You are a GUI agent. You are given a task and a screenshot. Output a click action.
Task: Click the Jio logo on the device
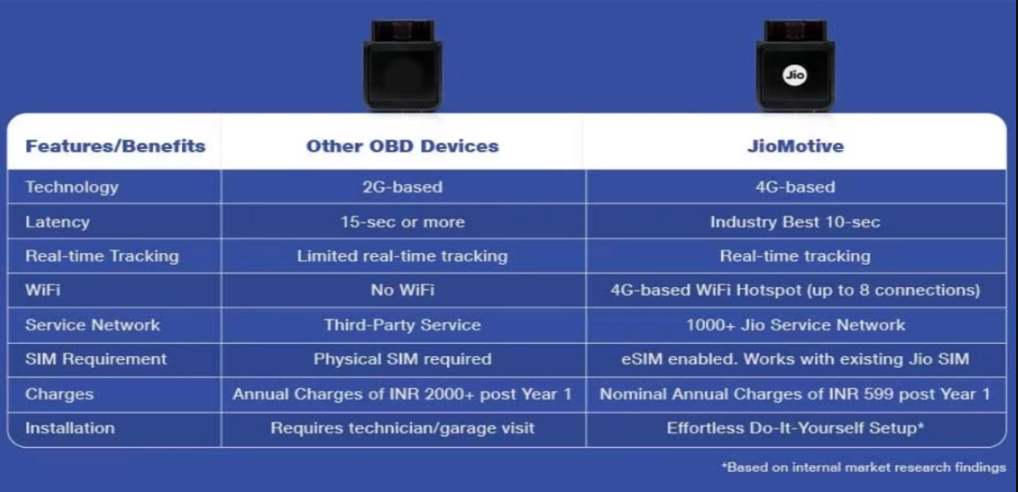[x=795, y=75]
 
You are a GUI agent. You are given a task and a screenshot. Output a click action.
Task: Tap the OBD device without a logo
[x=403, y=65]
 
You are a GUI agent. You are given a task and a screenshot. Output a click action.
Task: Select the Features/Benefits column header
[x=116, y=146]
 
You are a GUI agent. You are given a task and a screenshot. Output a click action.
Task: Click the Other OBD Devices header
[x=403, y=146]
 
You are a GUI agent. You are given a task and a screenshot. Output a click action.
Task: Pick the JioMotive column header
[x=796, y=146]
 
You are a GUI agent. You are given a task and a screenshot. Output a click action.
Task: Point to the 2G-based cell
[x=403, y=187]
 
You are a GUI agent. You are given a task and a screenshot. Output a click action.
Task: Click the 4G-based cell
[x=796, y=187]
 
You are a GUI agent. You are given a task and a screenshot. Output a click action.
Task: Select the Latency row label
[x=57, y=222]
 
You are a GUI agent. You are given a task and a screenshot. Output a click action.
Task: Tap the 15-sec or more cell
[x=403, y=222]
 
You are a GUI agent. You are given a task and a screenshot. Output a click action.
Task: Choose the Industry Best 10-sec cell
[x=796, y=222]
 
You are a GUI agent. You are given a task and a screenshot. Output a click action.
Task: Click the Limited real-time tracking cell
[x=403, y=256]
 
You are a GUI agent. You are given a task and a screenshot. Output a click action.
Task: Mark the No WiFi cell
[x=403, y=290]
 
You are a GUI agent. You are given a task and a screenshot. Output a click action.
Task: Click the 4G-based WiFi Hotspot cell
[x=796, y=290]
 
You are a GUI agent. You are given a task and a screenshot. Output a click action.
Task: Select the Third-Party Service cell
[x=403, y=324]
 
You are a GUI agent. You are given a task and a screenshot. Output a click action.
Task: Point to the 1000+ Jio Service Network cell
[x=796, y=324]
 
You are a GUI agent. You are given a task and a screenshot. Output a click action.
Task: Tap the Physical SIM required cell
[x=403, y=359]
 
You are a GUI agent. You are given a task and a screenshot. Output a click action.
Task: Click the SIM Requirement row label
[x=96, y=359]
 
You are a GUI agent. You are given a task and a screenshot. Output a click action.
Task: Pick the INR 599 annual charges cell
[x=796, y=394]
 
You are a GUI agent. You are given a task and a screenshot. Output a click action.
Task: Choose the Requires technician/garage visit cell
[x=403, y=428]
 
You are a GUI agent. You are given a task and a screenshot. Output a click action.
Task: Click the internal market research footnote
[x=864, y=467]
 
